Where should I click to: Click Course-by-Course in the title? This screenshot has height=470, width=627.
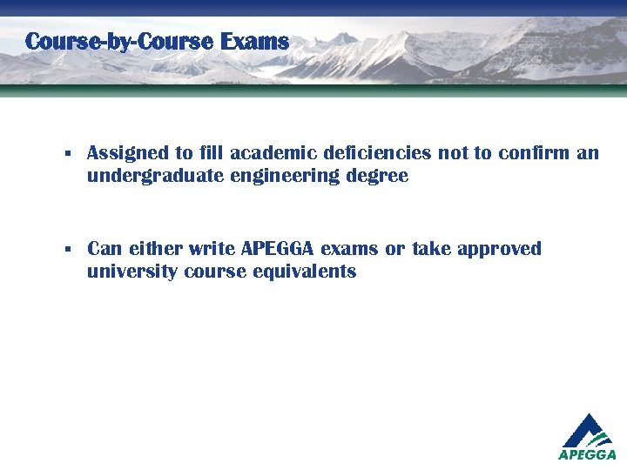pyautogui.click(x=120, y=41)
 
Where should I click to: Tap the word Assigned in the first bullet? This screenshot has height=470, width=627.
pyautogui.click(x=128, y=153)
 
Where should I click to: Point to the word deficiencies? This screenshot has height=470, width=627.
pyautogui.click(x=376, y=153)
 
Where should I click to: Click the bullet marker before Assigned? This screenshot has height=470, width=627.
pyautogui.click(x=67, y=154)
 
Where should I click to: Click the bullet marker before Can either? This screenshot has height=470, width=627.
pyautogui.click(x=67, y=250)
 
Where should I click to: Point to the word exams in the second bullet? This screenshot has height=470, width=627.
pyautogui.click(x=351, y=249)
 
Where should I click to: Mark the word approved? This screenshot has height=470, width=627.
pyautogui.click(x=499, y=250)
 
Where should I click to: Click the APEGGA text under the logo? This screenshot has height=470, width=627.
pyautogui.click(x=587, y=454)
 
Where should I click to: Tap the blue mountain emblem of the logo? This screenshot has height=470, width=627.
pyautogui.click(x=588, y=429)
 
